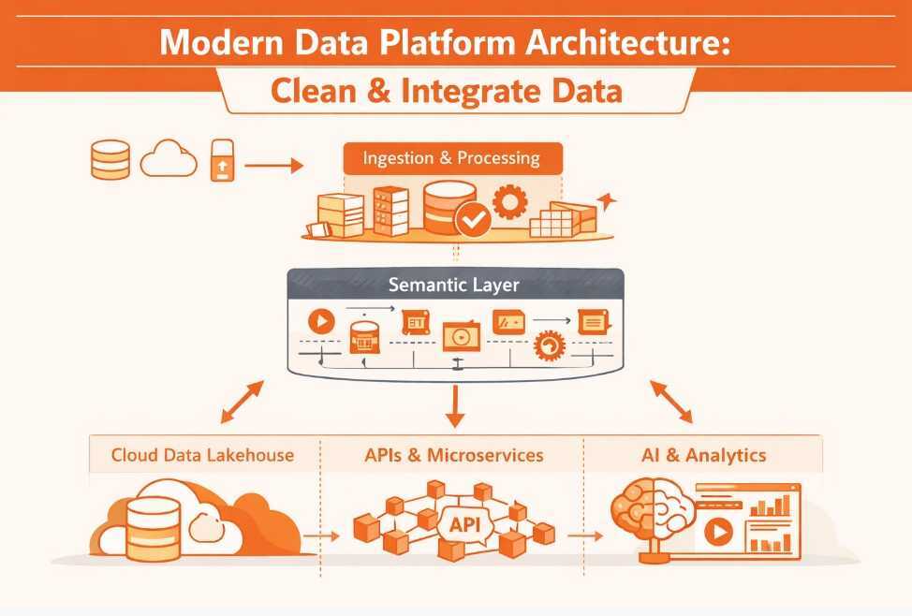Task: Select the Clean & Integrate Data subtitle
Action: click(x=448, y=93)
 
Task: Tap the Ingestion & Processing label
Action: click(x=451, y=157)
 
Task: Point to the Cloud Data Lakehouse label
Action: click(x=202, y=456)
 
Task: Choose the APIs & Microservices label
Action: click(x=453, y=456)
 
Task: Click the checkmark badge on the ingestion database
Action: click(x=472, y=220)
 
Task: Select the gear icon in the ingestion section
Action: click(x=510, y=201)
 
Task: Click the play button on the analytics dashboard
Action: click(x=718, y=533)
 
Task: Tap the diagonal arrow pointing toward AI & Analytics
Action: click(x=671, y=402)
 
